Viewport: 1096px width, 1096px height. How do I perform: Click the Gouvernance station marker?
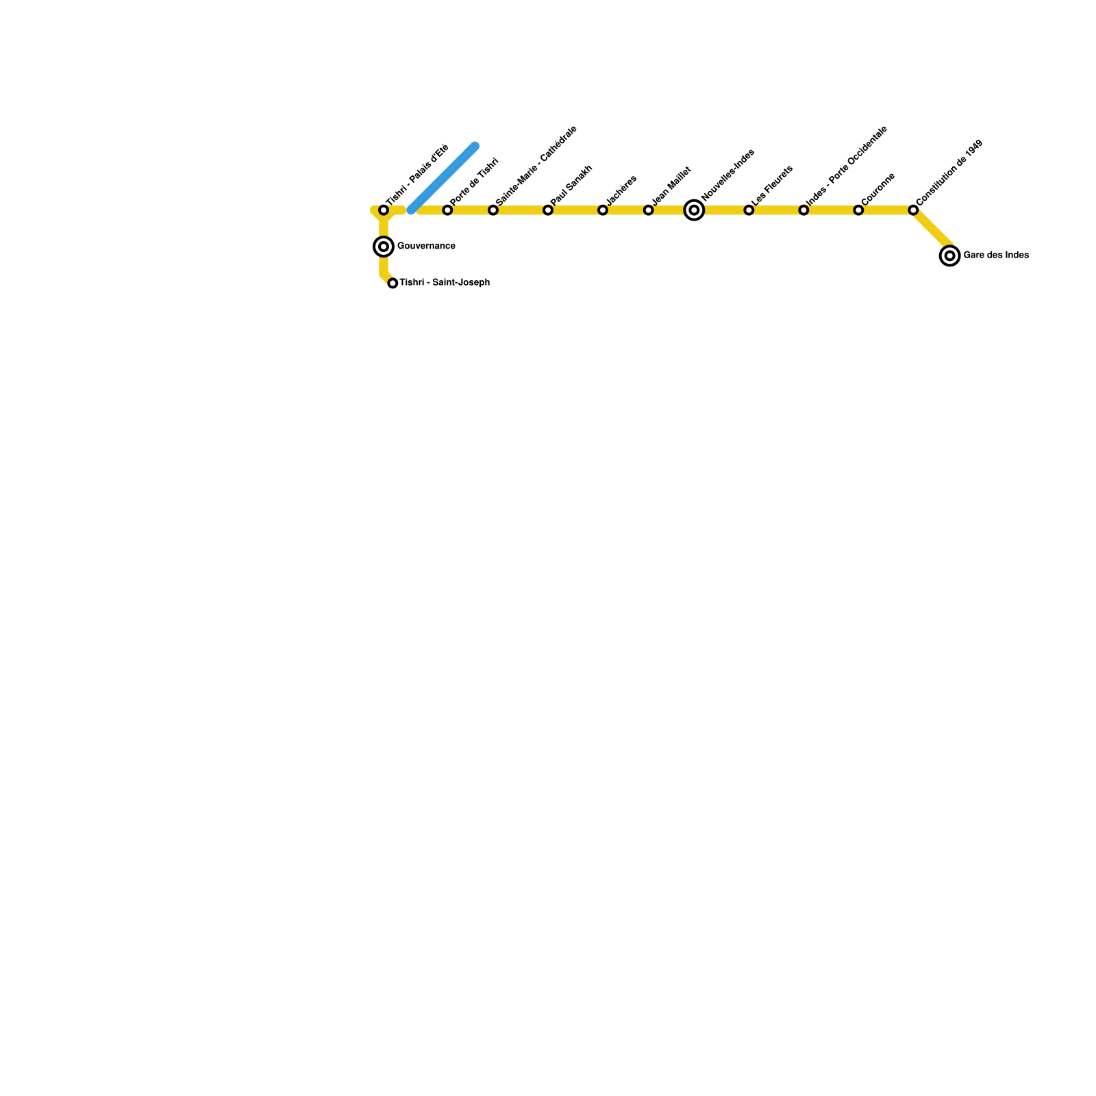tap(384, 247)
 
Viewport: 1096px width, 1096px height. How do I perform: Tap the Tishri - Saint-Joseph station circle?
tap(393, 283)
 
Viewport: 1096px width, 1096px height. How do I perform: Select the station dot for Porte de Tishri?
tap(447, 210)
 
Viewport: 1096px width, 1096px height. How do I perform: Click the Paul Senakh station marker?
tap(548, 210)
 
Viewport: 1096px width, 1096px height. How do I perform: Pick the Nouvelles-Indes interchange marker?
tap(694, 210)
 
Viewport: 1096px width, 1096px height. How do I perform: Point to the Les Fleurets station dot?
tap(749, 210)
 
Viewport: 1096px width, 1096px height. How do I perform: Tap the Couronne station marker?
tap(858, 210)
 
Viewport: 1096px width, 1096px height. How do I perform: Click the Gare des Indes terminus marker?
tap(949, 256)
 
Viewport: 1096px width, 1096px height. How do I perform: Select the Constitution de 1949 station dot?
tap(913, 210)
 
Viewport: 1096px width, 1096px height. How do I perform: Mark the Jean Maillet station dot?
tap(648, 210)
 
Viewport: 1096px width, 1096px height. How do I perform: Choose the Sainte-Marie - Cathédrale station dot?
tap(493, 210)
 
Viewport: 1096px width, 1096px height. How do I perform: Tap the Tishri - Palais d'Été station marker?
tap(384, 210)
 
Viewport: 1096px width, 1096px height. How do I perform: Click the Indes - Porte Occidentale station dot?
tap(804, 210)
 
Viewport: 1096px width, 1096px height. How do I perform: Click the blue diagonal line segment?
tap(443, 178)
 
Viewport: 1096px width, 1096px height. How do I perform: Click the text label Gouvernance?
tap(426, 247)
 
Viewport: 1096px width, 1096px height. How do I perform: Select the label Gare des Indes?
tap(996, 256)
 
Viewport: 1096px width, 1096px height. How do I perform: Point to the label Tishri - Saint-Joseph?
tap(445, 282)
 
